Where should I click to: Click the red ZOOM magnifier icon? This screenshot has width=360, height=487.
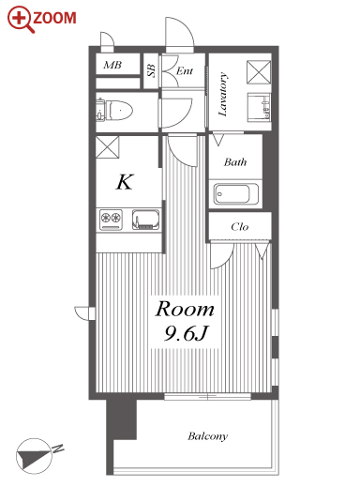[21, 20]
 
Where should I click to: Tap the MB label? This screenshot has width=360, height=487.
[112, 65]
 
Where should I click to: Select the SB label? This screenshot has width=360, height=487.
[151, 70]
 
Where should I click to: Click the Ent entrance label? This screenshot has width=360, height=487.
[185, 71]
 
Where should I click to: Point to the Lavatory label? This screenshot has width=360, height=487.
[222, 95]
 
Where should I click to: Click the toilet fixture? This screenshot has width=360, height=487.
[114, 111]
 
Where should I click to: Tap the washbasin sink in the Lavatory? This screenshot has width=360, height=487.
[259, 107]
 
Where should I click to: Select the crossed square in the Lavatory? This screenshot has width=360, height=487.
[259, 72]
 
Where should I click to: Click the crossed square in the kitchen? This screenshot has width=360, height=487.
[107, 147]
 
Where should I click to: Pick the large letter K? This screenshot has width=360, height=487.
[125, 182]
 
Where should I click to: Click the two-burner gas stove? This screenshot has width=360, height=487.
[111, 220]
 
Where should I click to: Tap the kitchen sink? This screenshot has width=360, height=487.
[146, 220]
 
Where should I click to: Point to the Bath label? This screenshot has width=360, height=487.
[235, 162]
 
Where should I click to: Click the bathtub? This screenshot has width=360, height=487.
[236, 194]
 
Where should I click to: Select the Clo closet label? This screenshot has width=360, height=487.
[240, 226]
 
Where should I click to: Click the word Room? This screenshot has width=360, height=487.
[185, 309]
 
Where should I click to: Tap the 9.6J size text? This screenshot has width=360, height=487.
[186, 333]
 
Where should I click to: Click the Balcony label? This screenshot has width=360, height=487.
[208, 436]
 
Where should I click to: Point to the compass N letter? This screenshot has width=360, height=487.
[58, 449]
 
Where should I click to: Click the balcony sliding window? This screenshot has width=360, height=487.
[207, 397]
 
